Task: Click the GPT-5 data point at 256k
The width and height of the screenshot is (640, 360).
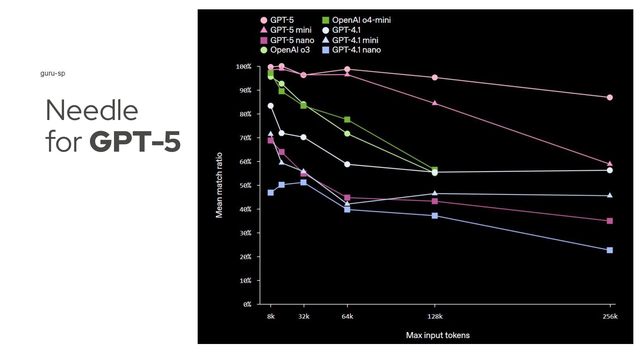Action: [610, 97]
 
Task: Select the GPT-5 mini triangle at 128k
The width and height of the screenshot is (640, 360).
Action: [435, 103]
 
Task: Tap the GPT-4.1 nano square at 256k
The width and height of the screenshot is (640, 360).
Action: [610, 250]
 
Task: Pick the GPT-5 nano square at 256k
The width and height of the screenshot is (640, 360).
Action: [610, 221]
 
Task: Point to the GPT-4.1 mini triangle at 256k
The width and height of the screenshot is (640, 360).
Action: [610, 195]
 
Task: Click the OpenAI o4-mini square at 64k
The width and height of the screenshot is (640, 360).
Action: [347, 119]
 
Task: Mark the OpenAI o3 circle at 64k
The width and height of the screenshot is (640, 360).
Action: [347, 134]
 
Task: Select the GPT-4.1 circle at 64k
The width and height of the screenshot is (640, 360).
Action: [347, 164]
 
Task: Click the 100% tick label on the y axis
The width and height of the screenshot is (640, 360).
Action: [244, 67]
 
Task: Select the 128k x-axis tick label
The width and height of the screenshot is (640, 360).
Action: [435, 316]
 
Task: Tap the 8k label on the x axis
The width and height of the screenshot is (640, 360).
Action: [271, 316]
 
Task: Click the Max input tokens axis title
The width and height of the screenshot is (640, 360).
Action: [438, 335]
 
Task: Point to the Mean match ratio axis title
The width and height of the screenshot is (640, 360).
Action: [219, 185]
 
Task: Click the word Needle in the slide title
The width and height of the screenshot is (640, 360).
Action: [92, 110]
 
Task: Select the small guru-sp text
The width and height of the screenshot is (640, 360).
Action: [53, 73]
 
